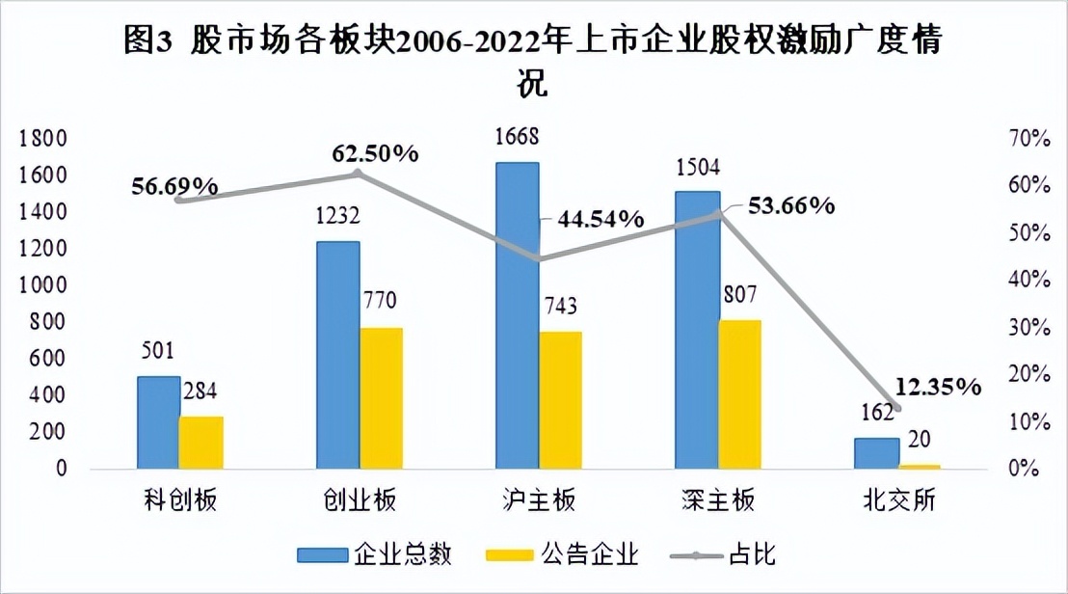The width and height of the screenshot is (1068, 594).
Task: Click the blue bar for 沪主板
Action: (518, 315)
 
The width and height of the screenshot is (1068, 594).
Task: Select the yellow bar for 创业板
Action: (381, 398)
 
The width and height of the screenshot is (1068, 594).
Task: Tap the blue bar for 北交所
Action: (876, 453)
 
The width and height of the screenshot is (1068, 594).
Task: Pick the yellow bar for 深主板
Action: (739, 394)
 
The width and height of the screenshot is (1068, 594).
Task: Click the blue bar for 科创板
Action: (158, 422)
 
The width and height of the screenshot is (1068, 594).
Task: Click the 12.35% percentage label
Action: (938, 388)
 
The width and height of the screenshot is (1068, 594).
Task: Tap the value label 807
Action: (740, 293)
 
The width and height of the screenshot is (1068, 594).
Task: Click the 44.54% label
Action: (599, 219)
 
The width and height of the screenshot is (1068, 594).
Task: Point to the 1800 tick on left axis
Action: (41, 139)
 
